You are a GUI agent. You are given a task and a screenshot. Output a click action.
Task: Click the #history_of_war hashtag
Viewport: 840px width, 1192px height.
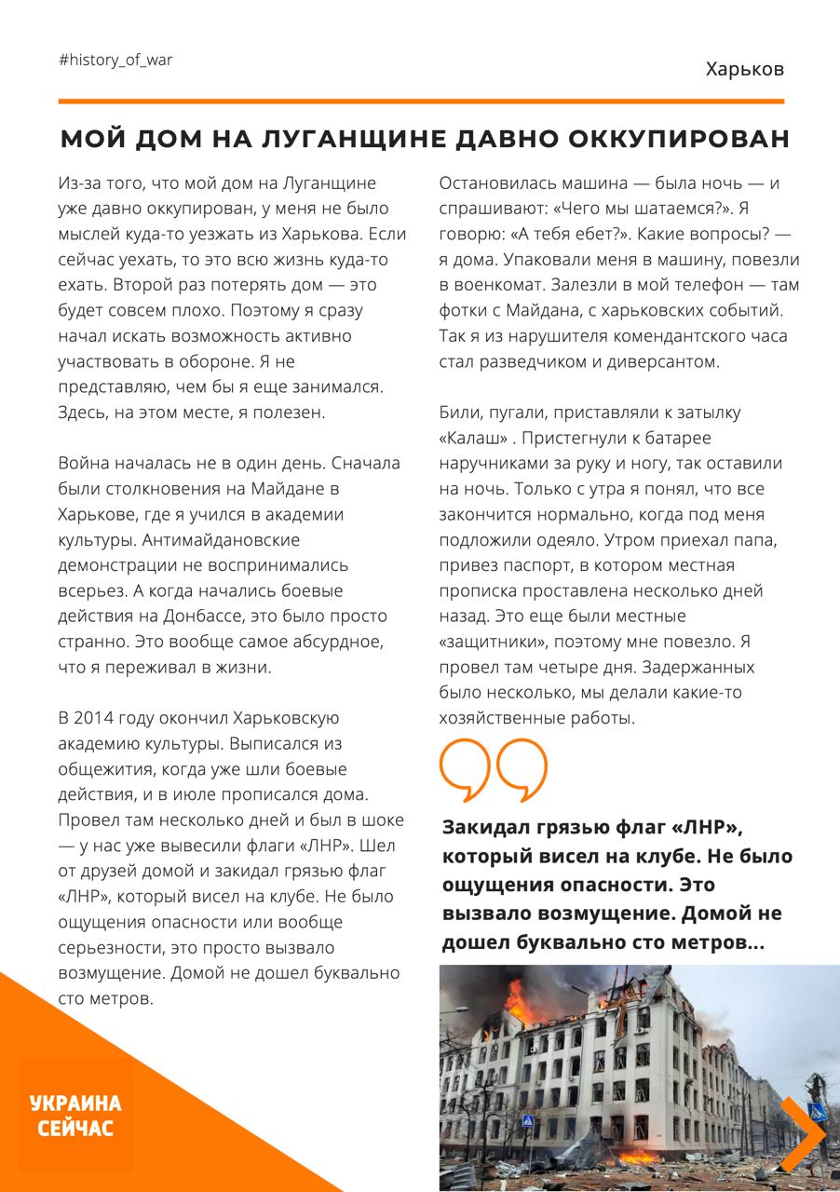pyautogui.click(x=115, y=60)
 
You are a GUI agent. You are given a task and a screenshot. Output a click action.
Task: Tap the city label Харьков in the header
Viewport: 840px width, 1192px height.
pyautogui.click(x=744, y=69)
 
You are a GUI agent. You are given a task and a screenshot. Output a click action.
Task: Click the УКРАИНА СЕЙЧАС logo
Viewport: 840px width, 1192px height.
pyautogui.click(x=75, y=1116)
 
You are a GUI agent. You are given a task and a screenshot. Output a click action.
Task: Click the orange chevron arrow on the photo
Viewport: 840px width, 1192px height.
pyautogui.click(x=802, y=1133)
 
